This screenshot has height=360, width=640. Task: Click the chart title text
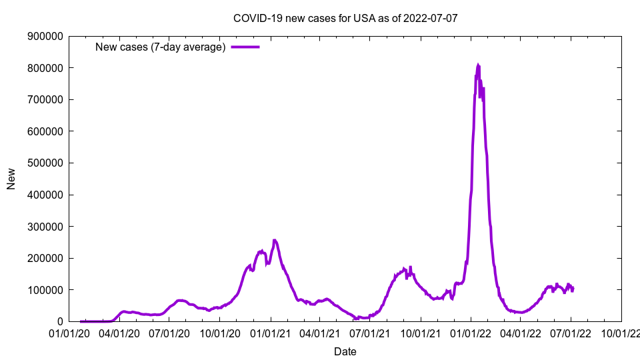[x=345, y=18]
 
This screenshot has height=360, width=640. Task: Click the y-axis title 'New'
[x=11, y=179]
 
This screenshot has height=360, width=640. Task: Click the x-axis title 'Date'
[x=345, y=351]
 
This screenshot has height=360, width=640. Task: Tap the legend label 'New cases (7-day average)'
[x=161, y=47]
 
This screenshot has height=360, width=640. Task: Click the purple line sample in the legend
[x=245, y=47]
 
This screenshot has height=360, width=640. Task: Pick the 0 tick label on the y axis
[x=59, y=322]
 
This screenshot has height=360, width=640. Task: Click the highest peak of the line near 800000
[x=478, y=65]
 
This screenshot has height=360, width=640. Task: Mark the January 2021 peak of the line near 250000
[x=275, y=240]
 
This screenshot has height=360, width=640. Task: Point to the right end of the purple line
[x=573, y=289]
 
